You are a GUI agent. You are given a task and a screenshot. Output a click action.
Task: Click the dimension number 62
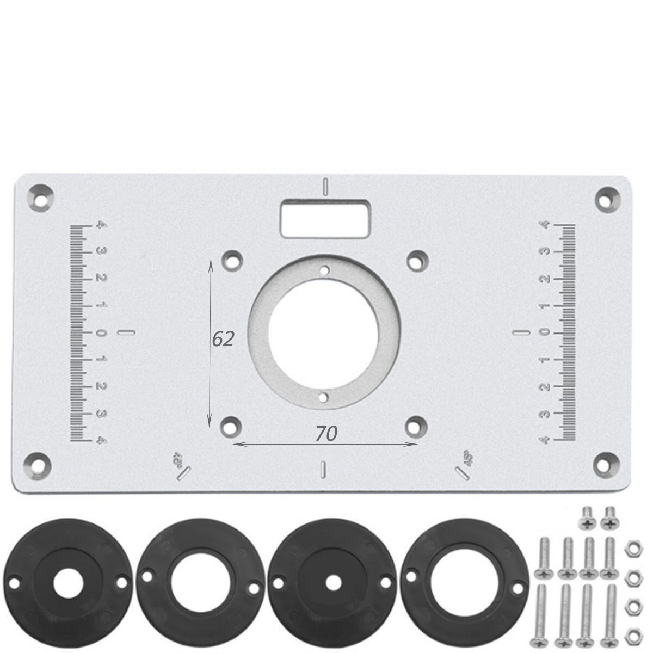(x=223, y=339)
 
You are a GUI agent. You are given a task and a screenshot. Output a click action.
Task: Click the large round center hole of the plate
(x=324, y=332)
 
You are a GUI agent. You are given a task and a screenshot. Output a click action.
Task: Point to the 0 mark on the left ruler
(x=100, y=332)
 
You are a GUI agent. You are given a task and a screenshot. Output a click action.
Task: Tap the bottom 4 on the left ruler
(x=100, y=440)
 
